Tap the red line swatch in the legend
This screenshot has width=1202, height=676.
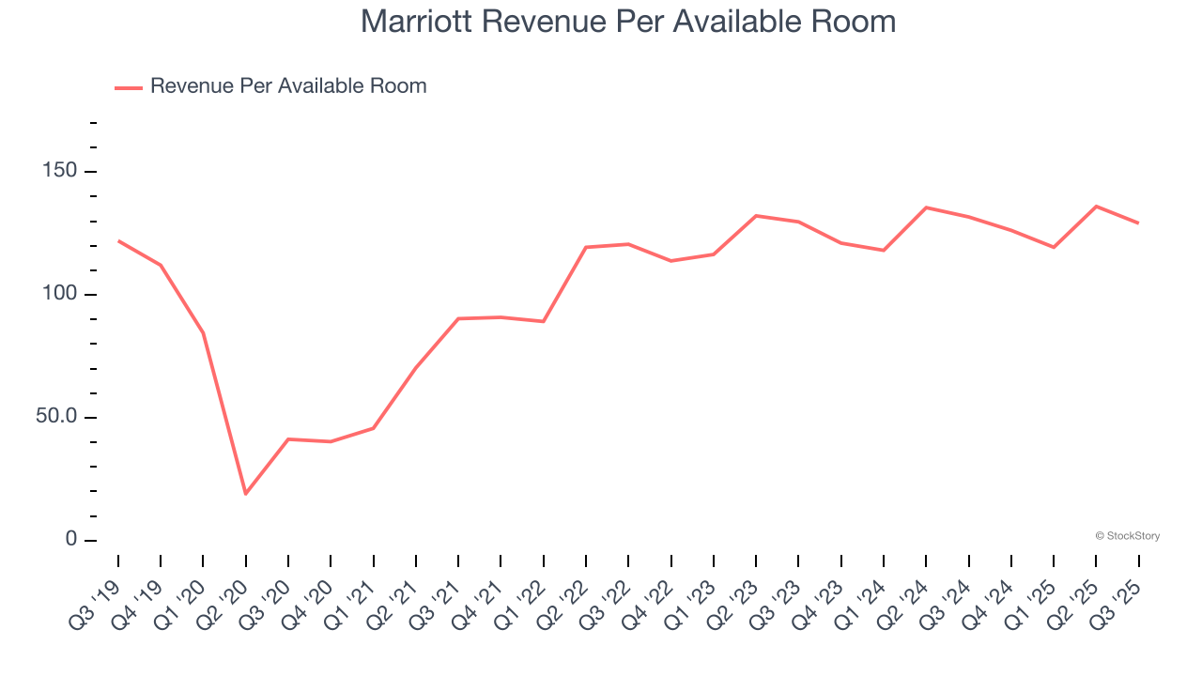tap(129, 87)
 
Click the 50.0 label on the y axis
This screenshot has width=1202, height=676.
tap(58, 418)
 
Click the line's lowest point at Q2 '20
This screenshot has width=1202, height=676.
tap(246, 494)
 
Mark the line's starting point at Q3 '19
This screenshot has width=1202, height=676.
tap(118, 241)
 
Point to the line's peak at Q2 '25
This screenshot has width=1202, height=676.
tap(1096, 207)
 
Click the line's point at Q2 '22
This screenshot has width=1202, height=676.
tap(586, 247)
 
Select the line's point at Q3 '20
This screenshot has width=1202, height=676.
tap(288, 439)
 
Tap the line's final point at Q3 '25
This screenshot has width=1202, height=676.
tap(1138, 223)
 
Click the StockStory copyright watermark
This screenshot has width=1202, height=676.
tap(1127, 536)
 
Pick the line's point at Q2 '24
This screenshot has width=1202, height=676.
tap(926, 207)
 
